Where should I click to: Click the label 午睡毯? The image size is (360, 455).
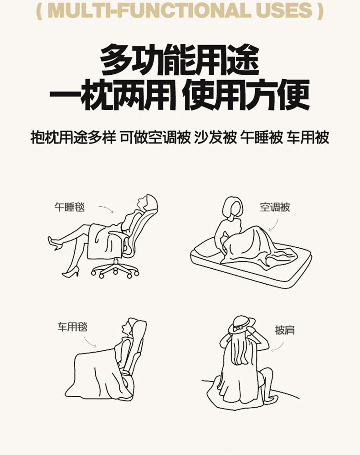click(70, 207)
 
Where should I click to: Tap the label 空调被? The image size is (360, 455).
click(275, 207)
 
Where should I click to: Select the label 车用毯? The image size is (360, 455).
click(72, 327)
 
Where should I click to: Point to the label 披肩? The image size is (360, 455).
click(285, 330)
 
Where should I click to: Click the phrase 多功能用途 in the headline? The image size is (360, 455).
click(180, 60)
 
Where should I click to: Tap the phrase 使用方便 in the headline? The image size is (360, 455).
click(246, 95)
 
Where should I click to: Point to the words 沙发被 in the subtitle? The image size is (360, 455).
click(215, 137)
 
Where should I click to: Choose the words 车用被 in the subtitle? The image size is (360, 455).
click(308, 137)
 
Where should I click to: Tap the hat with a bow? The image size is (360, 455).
click(242, 325)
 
